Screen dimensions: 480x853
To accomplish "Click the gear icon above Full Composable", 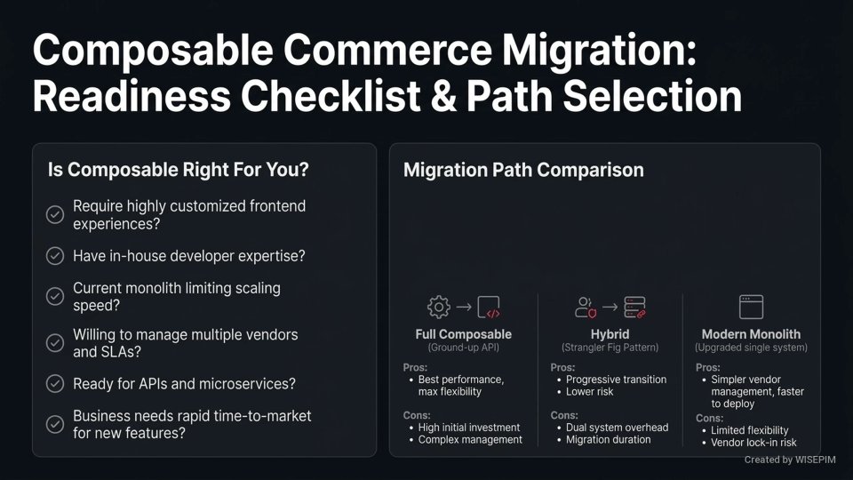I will point(439,308).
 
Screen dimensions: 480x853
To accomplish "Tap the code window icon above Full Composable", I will point(489,308).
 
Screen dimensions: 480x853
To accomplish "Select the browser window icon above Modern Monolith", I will point(751,308).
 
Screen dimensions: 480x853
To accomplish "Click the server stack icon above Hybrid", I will point(634,308).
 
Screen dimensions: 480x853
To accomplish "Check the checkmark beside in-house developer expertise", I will point(55,256).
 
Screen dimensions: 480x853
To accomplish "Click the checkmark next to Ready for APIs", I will point(55,384).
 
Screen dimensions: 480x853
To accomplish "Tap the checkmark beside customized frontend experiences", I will point(55,213).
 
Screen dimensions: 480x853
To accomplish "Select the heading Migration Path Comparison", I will point(523,170).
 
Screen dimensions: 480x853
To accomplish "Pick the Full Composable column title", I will point(463,334).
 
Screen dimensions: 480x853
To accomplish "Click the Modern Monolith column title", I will point(751,334).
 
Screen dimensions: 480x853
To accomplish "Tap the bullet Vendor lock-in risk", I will point(753,443).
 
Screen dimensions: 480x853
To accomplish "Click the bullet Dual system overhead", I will point(617,427).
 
